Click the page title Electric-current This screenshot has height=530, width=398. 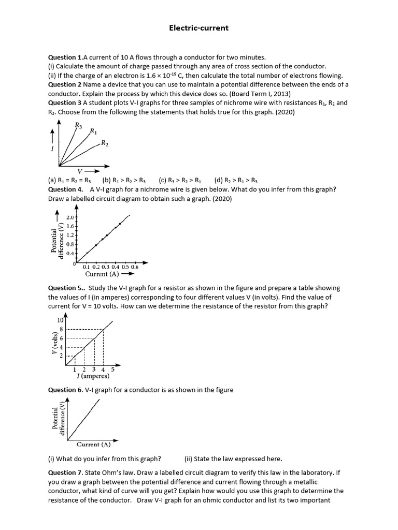point(199,28)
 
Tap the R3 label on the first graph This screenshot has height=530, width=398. point(78,125)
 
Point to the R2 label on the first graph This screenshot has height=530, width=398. point(105,143)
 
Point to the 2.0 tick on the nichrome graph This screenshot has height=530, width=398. point(70,218)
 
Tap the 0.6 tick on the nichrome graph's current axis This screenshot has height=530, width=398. point(134,267)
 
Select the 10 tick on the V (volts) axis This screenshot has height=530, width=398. point(60,321)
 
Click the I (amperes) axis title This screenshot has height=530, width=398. point(89,376)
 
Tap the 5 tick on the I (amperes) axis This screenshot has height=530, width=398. point(113,370)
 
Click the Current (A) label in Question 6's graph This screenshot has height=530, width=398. point(93,444)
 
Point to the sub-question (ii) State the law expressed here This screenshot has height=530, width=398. point(233,458)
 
